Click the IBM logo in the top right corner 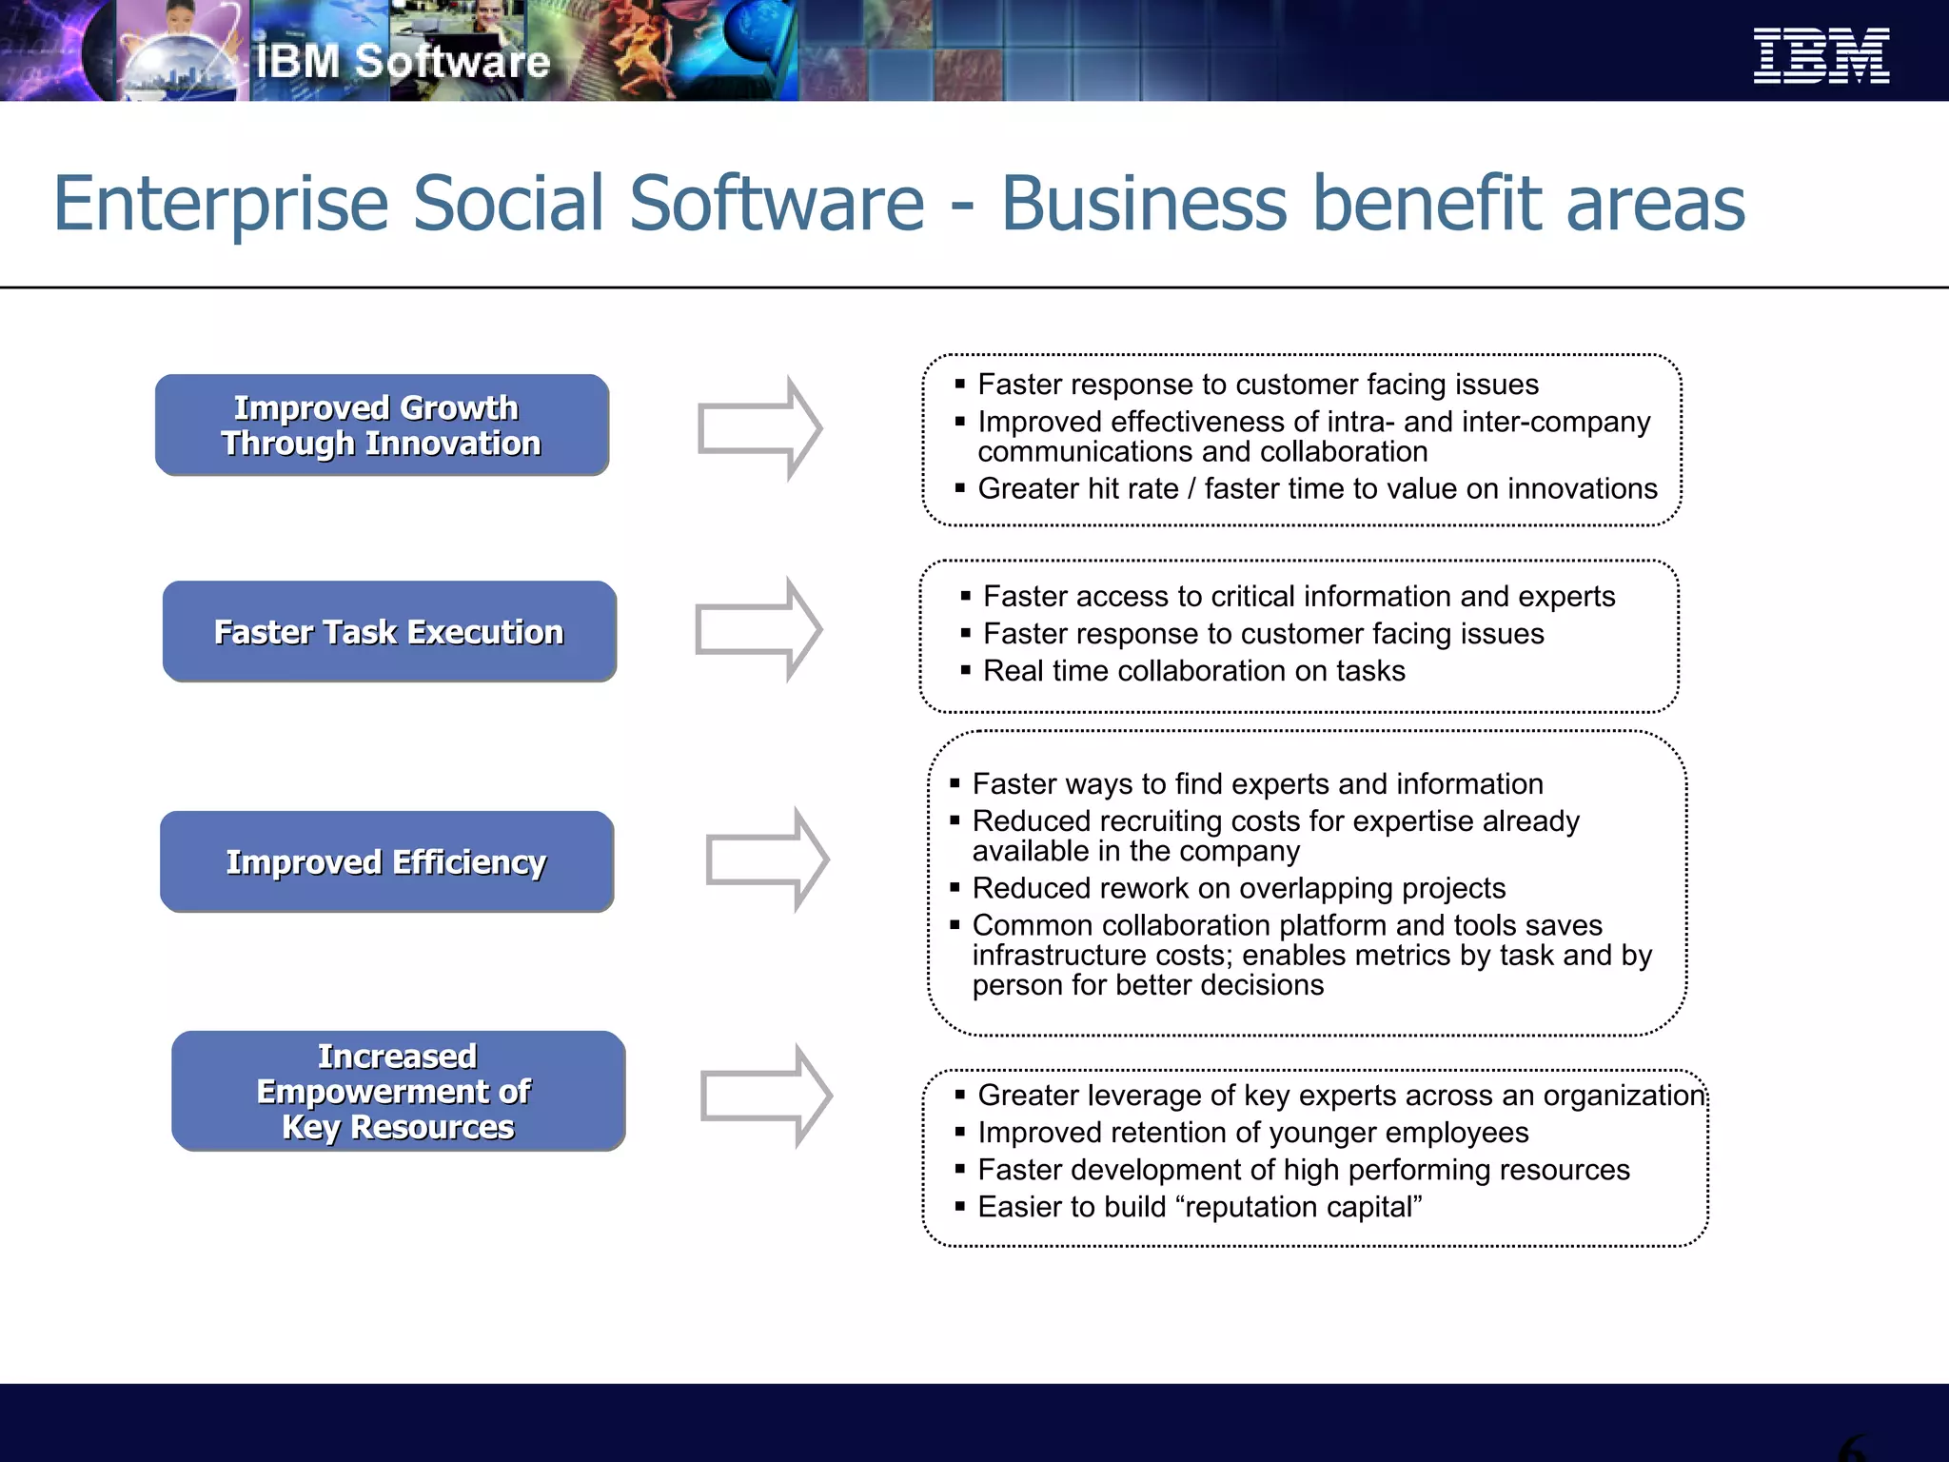pyautogui.click(x=1821, y=55)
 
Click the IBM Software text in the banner pyautogui.click(x=403, y=62)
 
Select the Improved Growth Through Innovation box pyautogui.click(x=382, y=425)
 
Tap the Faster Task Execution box pyautogui.click(x=389, y=632)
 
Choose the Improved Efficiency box pyautogui.click(x=386, y=862)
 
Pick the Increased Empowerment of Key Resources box pyautogui.click(x=398, y=1092)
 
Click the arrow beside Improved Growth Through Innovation pyautogui.click(x=759, y=428)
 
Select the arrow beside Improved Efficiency pyautogui.click(x=767, y=859)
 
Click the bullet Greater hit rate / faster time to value pyautogui.click(x=1317, y=488)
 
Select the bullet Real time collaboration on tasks pyautogui.click(x=1193, y=671)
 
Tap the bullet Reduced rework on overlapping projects pyautogui.click(x=1238, y=888)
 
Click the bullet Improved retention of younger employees pyautogui.click(x=1252, y=1133)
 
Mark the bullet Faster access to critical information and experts pyautogui.click(x=1298, y=597)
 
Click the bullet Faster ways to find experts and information pyautogui.click(x=1257, y=784)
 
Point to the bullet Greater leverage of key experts pyautogui.click(x=1340, y=1096)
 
